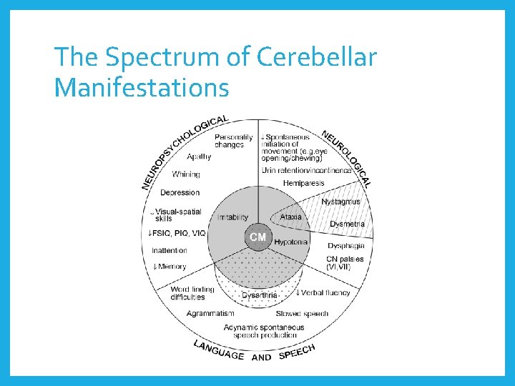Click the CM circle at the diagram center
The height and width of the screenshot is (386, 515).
[257, 237]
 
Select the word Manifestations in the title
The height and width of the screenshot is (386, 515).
[142, 88]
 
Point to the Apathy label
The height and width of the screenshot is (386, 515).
[199, 157]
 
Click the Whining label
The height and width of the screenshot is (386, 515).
[186, 174]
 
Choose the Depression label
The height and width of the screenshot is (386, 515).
[180, 192]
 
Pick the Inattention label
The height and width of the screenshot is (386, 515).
[170, 250]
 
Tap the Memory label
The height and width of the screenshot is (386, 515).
[170, 267]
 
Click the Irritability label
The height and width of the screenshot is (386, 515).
[232, 217]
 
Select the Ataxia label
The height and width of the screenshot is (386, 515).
[290, 217]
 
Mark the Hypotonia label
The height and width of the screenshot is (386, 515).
[290, 242]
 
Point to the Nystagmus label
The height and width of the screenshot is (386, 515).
[340, 202]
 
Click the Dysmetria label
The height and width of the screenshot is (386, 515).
[347, 224]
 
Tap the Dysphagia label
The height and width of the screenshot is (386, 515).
[345, 246]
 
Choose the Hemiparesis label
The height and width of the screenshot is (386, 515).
[303, 184]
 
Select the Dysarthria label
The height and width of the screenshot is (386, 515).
[260, 295]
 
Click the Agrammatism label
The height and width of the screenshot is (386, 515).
[210, 313]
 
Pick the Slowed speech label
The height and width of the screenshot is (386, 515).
[302, 313]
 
